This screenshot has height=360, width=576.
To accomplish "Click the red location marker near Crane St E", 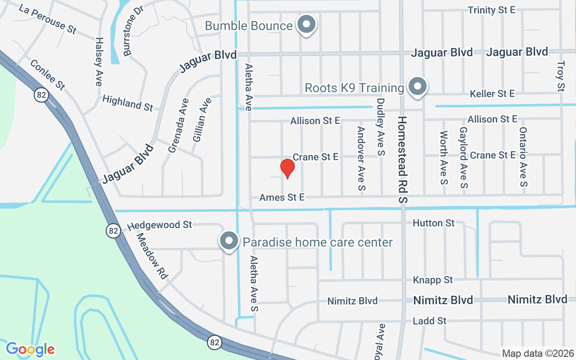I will (x=287, y=168).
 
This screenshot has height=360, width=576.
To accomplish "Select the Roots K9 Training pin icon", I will (x=417, y=86).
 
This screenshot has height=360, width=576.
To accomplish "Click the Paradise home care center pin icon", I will (x=229, y=241).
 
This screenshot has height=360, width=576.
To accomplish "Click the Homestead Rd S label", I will (x=402, y=160).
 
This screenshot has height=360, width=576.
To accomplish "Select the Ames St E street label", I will (x=282, y=197).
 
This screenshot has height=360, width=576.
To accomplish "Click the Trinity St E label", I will (x=491, y=10).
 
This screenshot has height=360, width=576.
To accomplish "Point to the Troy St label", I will (x=561, y=76).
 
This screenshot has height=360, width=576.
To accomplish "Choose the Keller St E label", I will (x=492, y=94).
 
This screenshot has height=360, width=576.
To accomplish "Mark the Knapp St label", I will (x=433, y=280).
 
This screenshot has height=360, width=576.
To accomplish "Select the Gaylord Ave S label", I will (x=463, y=157).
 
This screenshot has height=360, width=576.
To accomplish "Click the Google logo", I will (x=31, y=349).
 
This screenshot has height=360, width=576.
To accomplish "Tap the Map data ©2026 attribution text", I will (x=538, y=353).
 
